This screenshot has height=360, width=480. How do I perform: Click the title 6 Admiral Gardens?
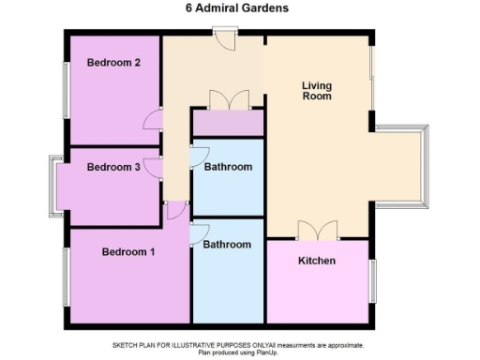point(240,8)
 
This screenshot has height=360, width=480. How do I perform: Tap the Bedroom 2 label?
point(113,64)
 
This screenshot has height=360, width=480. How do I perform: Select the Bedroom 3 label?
point(113,168)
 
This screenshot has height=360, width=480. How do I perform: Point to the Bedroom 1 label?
point(128,252)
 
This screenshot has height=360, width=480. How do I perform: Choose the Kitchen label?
point(316,261)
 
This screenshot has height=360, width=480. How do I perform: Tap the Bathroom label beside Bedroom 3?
point(229,168)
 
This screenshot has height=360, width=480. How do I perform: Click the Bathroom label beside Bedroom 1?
point(227,245)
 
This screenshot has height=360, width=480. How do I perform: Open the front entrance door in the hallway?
point(224,38)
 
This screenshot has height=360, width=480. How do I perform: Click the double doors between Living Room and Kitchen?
point(316,231)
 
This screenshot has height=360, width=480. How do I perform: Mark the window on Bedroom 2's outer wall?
point(65,90)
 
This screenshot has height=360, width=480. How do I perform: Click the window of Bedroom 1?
point(65,277)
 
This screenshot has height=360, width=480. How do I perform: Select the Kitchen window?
point(372,281)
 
